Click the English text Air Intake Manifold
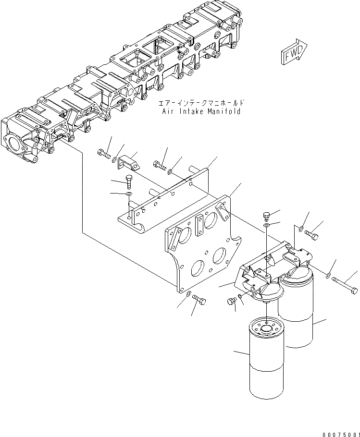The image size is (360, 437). pyautogui.click(x=201, y=111)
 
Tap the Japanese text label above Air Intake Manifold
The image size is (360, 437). pyautogui.click(x=201, y=103)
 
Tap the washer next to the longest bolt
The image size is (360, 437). pyautogui.click(x=328, y=275)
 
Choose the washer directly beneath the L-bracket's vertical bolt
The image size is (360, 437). pyautogui.click(x=128, y=194)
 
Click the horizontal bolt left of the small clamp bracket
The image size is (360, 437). pyautogui.click(x=104, y=154)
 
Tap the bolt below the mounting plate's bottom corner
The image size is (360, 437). pyautogui.click(x=200, y=300)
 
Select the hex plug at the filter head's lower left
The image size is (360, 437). pyautogui.click(x=232, y=302)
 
